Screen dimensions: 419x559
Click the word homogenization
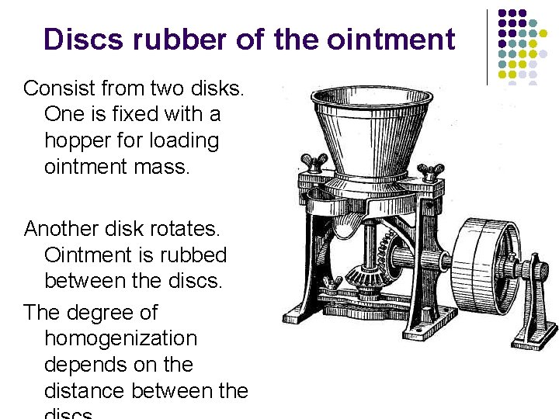(121, 339)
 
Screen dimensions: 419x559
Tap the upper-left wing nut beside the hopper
(313, 163)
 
